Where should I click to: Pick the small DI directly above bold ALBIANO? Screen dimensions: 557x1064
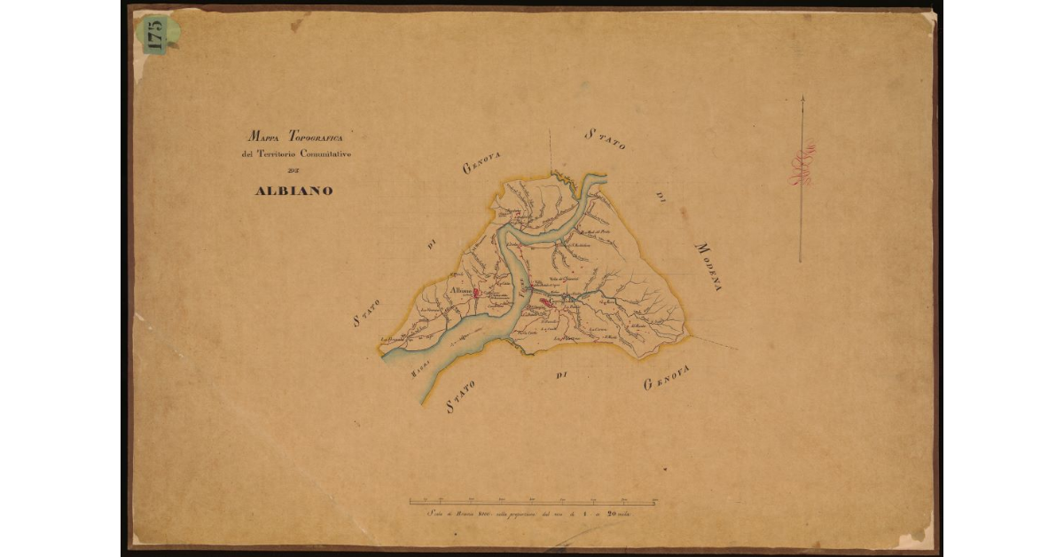[294, 172]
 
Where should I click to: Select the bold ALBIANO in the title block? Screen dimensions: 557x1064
[294, 191]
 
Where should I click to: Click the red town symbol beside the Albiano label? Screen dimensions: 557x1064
[476, 291]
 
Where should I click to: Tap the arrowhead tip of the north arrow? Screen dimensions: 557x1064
[802, 98]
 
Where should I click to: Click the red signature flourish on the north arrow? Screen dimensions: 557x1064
[802, 167]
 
